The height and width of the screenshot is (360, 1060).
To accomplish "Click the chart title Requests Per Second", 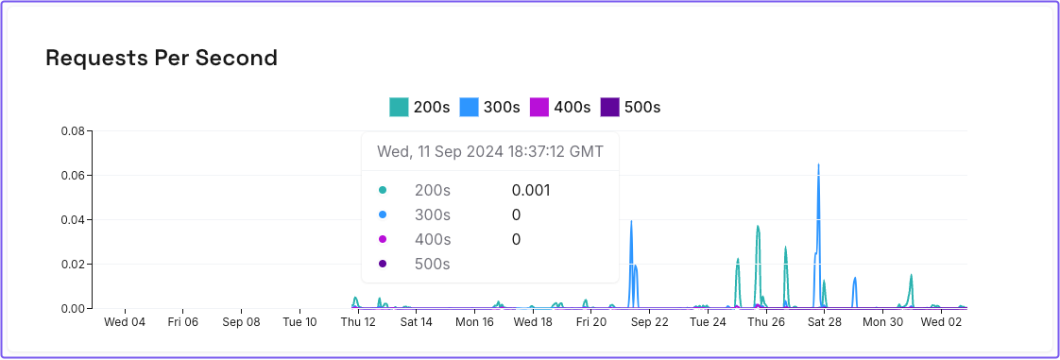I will coord(162,58).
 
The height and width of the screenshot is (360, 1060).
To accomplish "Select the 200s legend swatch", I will coord(399,107).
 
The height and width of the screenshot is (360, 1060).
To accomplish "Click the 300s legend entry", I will coord(489,107).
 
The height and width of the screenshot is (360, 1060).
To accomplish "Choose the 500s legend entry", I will coord(630,107).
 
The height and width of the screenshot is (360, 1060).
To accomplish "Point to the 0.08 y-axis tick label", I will coord(72,130).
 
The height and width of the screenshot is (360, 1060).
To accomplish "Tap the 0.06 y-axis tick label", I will coord(72,175).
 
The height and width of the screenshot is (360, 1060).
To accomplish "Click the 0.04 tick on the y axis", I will coord(72,219).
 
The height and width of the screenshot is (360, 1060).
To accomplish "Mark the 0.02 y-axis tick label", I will coord(72,264).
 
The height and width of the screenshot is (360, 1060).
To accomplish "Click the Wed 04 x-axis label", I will coord(125,322).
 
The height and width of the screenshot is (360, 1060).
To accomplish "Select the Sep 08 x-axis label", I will coord(241,322).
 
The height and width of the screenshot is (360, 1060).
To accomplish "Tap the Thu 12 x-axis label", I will coord(358,322).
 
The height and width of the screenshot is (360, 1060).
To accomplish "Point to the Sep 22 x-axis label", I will coord(649,322).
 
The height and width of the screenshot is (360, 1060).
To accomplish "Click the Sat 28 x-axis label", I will coord(824,322).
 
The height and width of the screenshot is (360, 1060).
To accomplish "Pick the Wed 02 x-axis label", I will coord(941,322).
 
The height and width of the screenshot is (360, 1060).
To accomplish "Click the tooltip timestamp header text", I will coord(490,151).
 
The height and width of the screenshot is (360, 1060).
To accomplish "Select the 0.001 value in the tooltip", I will coord(531,190).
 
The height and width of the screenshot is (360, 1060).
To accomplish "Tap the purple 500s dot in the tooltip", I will coord(383,264).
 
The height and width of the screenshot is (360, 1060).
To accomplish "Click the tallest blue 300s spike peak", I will coord(818,164).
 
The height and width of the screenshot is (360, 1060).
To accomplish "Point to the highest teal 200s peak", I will coord(758,226).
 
